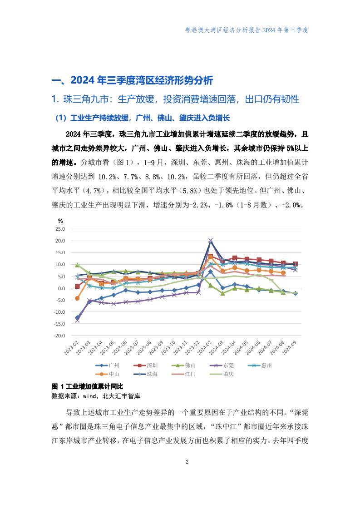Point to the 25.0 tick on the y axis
(60, 229)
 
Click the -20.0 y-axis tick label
(59, 336)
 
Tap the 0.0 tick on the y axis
(61, 288)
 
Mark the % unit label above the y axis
(60, 220)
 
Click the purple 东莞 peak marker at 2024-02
(210, 241)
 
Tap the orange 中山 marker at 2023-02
(77, 298)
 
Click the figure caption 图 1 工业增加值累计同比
(88, 386)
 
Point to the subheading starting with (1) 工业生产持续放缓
(143, 118)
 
